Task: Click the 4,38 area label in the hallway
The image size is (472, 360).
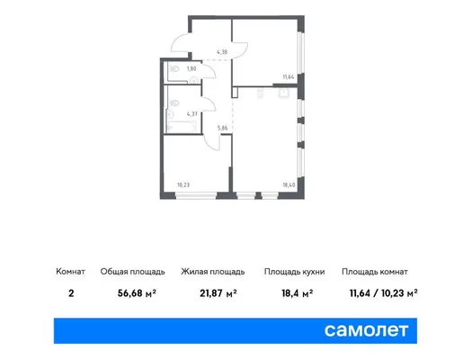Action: click(x=222, y=52)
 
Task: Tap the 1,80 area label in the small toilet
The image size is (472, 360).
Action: click(x=191, y=68)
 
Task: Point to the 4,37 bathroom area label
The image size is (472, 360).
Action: click(x=192, y=114)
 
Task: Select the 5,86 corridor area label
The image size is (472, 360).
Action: click(x=222, y=128)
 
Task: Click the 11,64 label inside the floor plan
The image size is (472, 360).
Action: click(x=289, y=76)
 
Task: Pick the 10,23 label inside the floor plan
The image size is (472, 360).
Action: click(x=183, y=184)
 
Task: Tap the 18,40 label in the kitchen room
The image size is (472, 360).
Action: click(x=289, y=184)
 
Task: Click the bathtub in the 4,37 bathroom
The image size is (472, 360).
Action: click(x=182, y=126)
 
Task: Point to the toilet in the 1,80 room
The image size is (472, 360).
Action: click(x=174, y=69)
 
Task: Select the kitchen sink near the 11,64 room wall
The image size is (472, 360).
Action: click(x=284, y=94)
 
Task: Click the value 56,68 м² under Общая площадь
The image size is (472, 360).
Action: click(x=137, y=292)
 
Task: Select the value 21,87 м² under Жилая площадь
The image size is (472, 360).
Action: click(x=218, y=292)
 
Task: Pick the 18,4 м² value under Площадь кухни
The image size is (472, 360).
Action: click(x=297, y=292)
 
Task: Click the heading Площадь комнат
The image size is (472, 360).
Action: click(x=375, y=272)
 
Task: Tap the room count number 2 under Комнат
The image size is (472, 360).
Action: click(x=71, y=292)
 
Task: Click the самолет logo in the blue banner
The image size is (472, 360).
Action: click(x=366, y=330)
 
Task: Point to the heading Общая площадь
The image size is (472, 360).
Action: click(x=133, y=272)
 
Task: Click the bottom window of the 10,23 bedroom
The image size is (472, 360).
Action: click(x=196, y=196)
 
